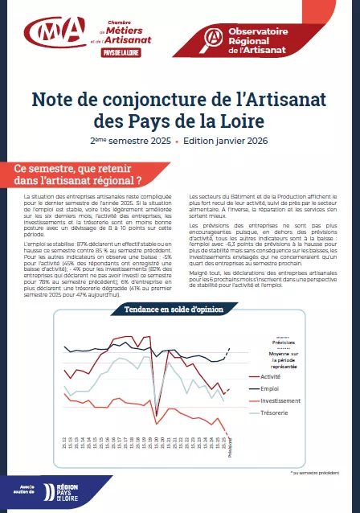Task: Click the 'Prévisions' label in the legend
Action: [x=277, y=341]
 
